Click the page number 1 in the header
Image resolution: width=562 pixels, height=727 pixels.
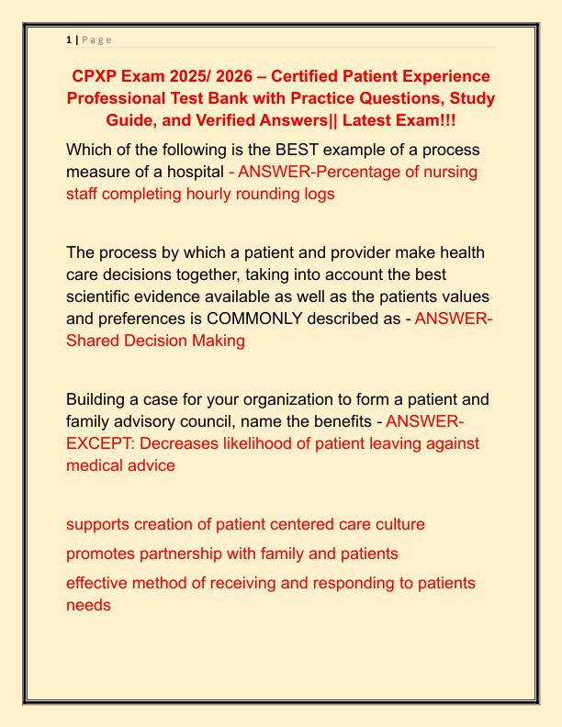point(69,39)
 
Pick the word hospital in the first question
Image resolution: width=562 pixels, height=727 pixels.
point(194,172)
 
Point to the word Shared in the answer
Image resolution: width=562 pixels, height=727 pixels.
point(94,341)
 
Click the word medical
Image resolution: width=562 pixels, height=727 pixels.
point(96,465)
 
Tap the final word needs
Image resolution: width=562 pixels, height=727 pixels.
point(88,605)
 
